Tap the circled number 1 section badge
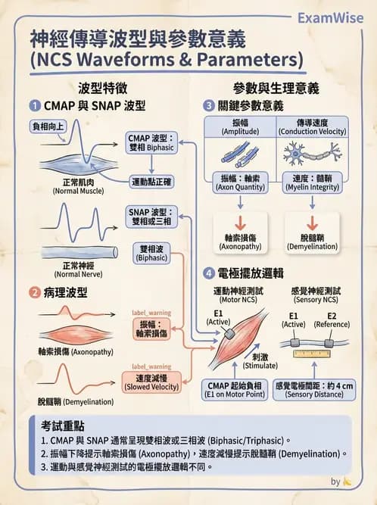[35, 104]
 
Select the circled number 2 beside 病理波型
[35, 291]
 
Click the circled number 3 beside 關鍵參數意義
[210, 104]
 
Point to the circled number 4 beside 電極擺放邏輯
[210, 273]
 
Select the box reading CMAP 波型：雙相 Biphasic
[151, 143]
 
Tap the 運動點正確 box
[152, 181]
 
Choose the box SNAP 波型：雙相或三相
[151, 217]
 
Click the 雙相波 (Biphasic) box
[151, 253]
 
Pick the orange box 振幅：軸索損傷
[151, 329]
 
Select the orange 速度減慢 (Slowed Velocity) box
[152, 382]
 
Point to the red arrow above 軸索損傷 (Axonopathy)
[240, 222]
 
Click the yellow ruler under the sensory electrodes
[313, 353]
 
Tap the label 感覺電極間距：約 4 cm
[313, 389]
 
